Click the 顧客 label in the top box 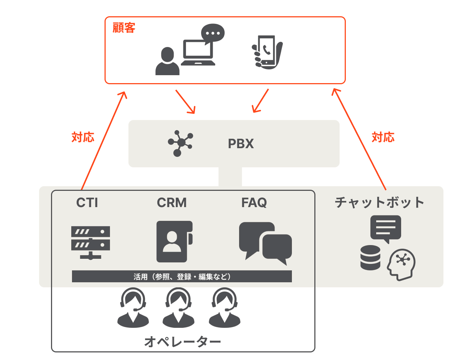pyautogui.click(x=124, y=28)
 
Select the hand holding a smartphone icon pyautogui.click(x=267, y=52)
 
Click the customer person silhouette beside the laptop pyautogui.click(x=167, y=62)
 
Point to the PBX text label pyautogui.click(x=241, y=144)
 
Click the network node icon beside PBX pyautogui.click(x=180, y=143)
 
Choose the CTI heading pyautogui.click(x=87, y=203)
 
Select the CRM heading pyautogui.click(x=172, y=203)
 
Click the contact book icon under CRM pyautogui.click(x=174, y=241)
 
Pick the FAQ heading pyautogui.click(x=254, y=203)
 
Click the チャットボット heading pyautogui.click(x=379, y=202)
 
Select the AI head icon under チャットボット pyautogui.click(x=402, y=264)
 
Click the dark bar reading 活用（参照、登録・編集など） pyautogui.click(x=182, y=277)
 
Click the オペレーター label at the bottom pyautogui.click(x=183, y=342)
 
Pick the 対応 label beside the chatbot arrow pyautogui.click(x=383, y=137)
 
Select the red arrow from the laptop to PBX pyautogui.click(x=185, y=102)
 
